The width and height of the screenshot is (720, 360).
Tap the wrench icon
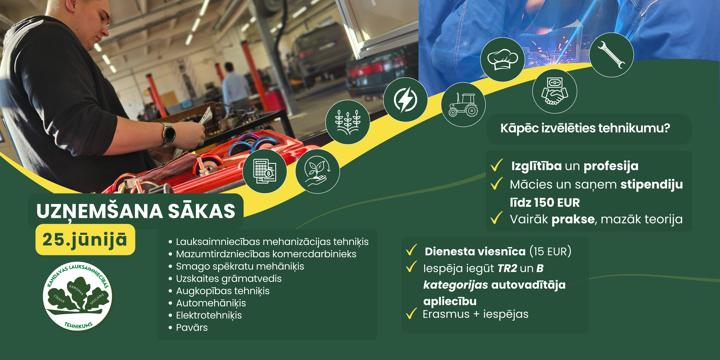(x=611, y=55)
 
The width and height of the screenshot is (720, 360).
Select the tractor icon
(x=463, y=104)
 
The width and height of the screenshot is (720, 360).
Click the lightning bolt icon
(x=405, y=100)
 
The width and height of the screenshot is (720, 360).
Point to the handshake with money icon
(x=555, y=91)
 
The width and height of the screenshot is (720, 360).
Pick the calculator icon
(x=265, y=171)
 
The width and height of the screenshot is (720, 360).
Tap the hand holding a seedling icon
(x=317, y=171)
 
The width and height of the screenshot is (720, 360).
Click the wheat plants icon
(x=348, y=122)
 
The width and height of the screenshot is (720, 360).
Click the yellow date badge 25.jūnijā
(x=85, y=240)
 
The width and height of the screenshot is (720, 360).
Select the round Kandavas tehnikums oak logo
(x=78, y=296)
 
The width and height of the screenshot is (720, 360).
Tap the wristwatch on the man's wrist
(x=168, y=134)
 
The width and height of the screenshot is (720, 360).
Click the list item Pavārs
(x=192, y=327)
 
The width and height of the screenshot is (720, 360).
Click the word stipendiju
(x=651, y=184)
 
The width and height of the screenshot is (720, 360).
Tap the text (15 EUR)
(x=550, y=251)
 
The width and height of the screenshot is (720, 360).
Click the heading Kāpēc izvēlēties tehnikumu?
(x=585, y=128)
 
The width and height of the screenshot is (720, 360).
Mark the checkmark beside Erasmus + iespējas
(x=411, y=313)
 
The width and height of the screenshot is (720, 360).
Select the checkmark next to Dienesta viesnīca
(x=411, y=250)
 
